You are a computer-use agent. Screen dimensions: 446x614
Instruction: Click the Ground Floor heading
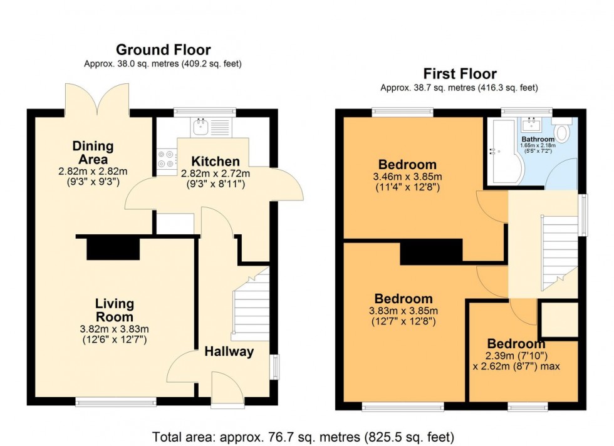[163, 49]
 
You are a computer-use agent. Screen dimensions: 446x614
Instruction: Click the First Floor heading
[460, 73]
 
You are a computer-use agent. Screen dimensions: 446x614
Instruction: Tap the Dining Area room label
[93, 152]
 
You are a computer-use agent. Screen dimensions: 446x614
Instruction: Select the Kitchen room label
[215, 161]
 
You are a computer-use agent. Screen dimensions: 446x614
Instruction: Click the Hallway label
[229, 351]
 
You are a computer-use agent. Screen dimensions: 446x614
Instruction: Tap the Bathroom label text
[538, 139]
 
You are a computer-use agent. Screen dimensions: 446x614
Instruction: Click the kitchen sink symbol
[202, 127]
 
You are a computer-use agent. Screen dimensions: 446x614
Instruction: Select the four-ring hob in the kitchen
[167, 158]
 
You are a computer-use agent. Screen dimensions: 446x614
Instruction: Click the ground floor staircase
[251, 305]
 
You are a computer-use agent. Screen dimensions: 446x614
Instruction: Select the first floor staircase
[558, 251]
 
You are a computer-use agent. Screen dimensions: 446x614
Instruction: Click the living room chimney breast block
[113, 249]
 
